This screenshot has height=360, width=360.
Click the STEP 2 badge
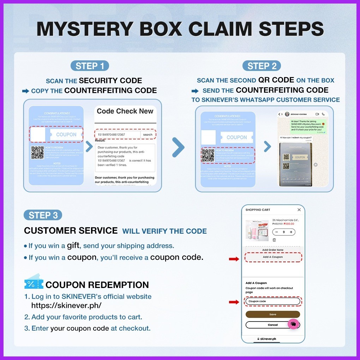pos(262,66)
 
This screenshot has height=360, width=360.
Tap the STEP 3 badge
pos(43,215)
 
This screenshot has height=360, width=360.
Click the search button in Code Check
pos(148,134)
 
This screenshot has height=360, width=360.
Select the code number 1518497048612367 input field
pos(118,134)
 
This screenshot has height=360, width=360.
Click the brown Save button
pos(272,314)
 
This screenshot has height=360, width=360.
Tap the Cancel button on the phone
pos(268,325)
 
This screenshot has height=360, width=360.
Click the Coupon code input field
pos(272,301)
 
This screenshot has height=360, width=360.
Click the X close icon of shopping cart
pos(299,210)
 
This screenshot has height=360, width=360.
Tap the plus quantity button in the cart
pos(291,232)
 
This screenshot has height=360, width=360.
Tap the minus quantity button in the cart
pos(277,232)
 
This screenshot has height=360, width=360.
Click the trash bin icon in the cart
pos(274,240)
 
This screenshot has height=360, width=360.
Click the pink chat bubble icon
pos(293,324)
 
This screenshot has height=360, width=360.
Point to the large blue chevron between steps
pos(178,146)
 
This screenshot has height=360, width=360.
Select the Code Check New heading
pos(125,111)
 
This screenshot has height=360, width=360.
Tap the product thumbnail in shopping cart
pos(257,230)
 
